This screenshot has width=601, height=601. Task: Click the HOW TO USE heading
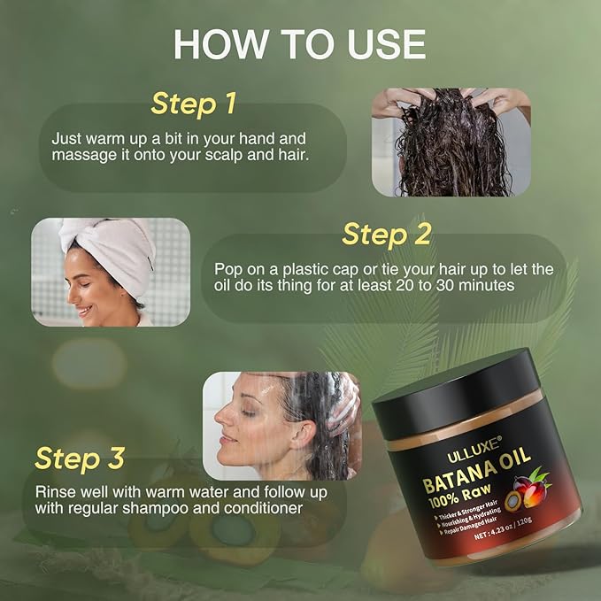pos(299,43)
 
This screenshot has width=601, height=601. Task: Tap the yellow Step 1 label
pos(193,103)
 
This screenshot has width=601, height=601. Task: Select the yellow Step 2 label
pos(386,235)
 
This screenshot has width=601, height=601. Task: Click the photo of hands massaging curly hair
pos(451,142)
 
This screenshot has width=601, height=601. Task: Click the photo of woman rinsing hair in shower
pos(281,425)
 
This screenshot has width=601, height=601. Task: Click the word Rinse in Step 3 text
pos(56,491)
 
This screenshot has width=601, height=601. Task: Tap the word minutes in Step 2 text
pos(515,286)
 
